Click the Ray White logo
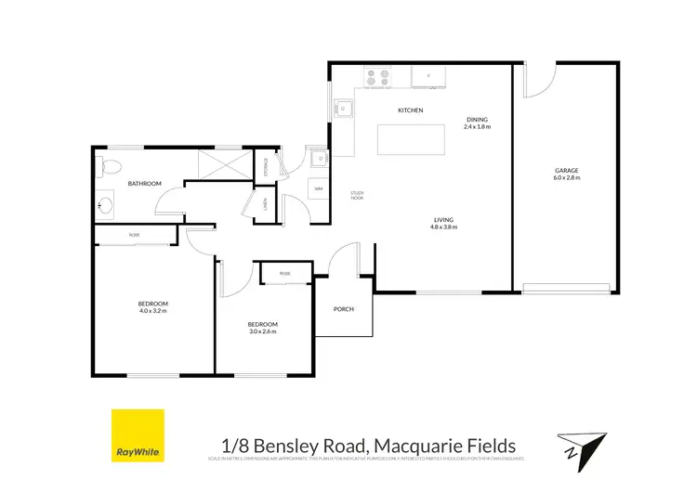click(138, 435)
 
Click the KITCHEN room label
click(410, 110)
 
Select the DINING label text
click(477, 120)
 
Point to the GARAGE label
click(567, 171)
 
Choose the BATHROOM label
click(145, 184)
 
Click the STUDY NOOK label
click(357, 195)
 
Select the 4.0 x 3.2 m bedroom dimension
click(153, 310)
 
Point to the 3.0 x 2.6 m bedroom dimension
click(262, 330)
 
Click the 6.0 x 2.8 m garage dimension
click(567, 177)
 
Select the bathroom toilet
click(108, 167)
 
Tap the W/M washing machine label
click(318, 188)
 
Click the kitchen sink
click(343, 110)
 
